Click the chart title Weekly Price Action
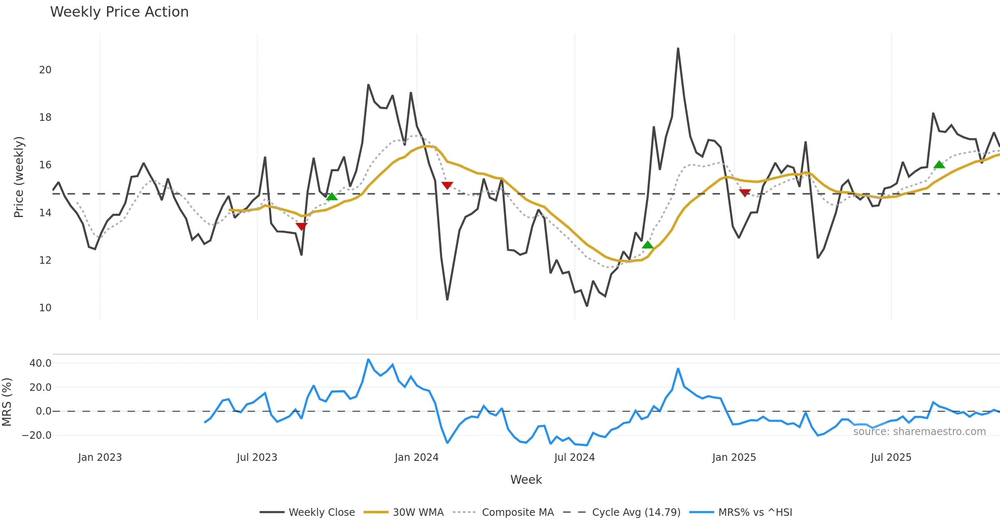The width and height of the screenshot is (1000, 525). point(119,12)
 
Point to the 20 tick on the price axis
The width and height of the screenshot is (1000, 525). point(45,70)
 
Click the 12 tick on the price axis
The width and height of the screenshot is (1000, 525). point(45,260)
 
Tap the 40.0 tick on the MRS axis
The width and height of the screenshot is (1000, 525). point(40,363)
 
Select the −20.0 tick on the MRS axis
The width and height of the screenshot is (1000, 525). point(37,435)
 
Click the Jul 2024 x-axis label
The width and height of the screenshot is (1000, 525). point(574,457)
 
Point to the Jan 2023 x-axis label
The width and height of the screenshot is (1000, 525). point(100,457)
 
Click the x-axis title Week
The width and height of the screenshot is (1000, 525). point(526,480)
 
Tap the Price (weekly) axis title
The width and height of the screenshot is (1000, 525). point(19,177)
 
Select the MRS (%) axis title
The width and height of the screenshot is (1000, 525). point(7,402)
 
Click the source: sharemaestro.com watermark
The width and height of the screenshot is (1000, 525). point(919,432)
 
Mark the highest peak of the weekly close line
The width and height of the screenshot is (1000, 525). point(678,48)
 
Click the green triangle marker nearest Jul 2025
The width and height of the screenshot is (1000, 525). point(939,165)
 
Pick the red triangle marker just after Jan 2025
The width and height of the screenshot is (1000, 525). point(745,192)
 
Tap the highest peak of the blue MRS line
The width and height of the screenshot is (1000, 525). point(368,359)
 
